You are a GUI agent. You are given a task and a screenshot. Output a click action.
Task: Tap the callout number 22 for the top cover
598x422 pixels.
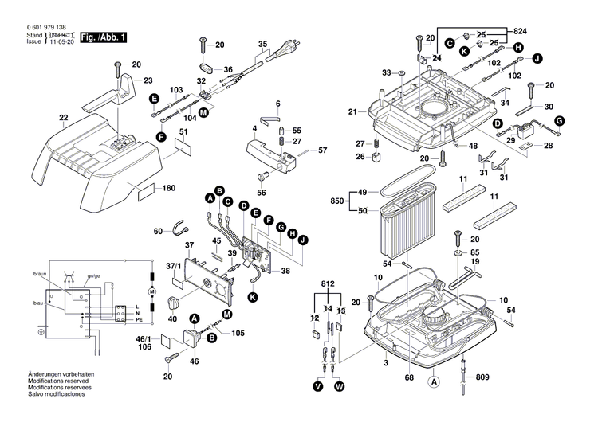point(64,119)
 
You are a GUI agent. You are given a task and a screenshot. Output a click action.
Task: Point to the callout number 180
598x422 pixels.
point(168,189)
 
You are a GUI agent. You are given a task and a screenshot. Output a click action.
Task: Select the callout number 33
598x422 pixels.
point(387,72)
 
